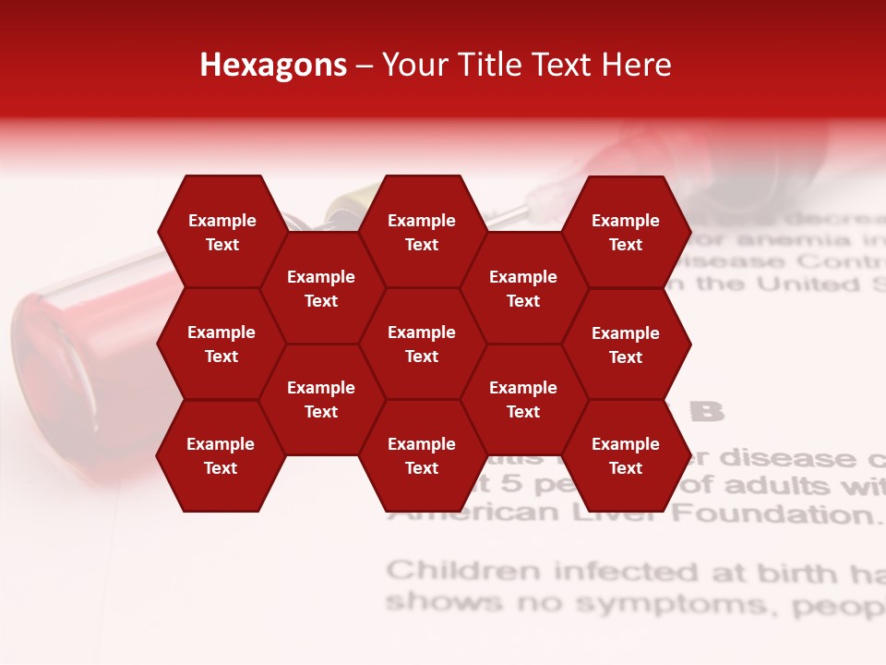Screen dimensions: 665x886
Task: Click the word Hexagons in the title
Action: coord(273,65)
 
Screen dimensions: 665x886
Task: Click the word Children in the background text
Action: coord(463,571)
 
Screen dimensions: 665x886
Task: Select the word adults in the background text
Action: coord(772,485)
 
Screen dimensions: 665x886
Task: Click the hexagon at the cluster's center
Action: coord(422,344)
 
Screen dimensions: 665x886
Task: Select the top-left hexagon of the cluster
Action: coord(221,232)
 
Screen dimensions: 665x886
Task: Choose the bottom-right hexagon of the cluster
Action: coord(626,455)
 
